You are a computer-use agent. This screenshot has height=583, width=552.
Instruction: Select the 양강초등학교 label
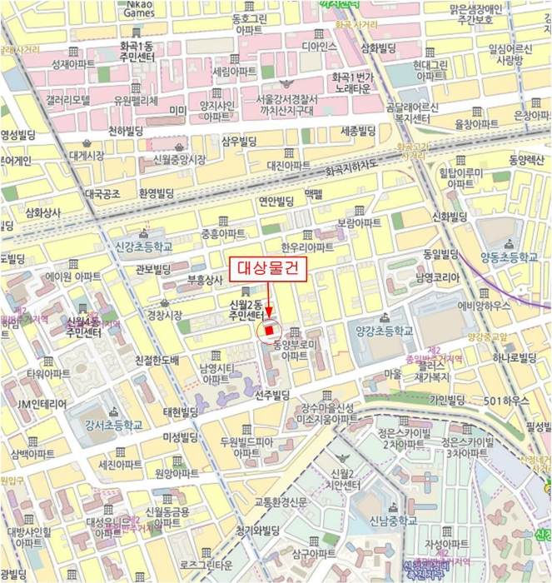[384, 331]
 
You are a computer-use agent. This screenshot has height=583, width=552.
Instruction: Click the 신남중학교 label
[388, 521]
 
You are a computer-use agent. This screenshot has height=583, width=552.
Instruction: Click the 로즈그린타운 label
[205, 565]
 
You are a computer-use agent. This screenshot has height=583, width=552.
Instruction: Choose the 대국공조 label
[102, 194]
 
